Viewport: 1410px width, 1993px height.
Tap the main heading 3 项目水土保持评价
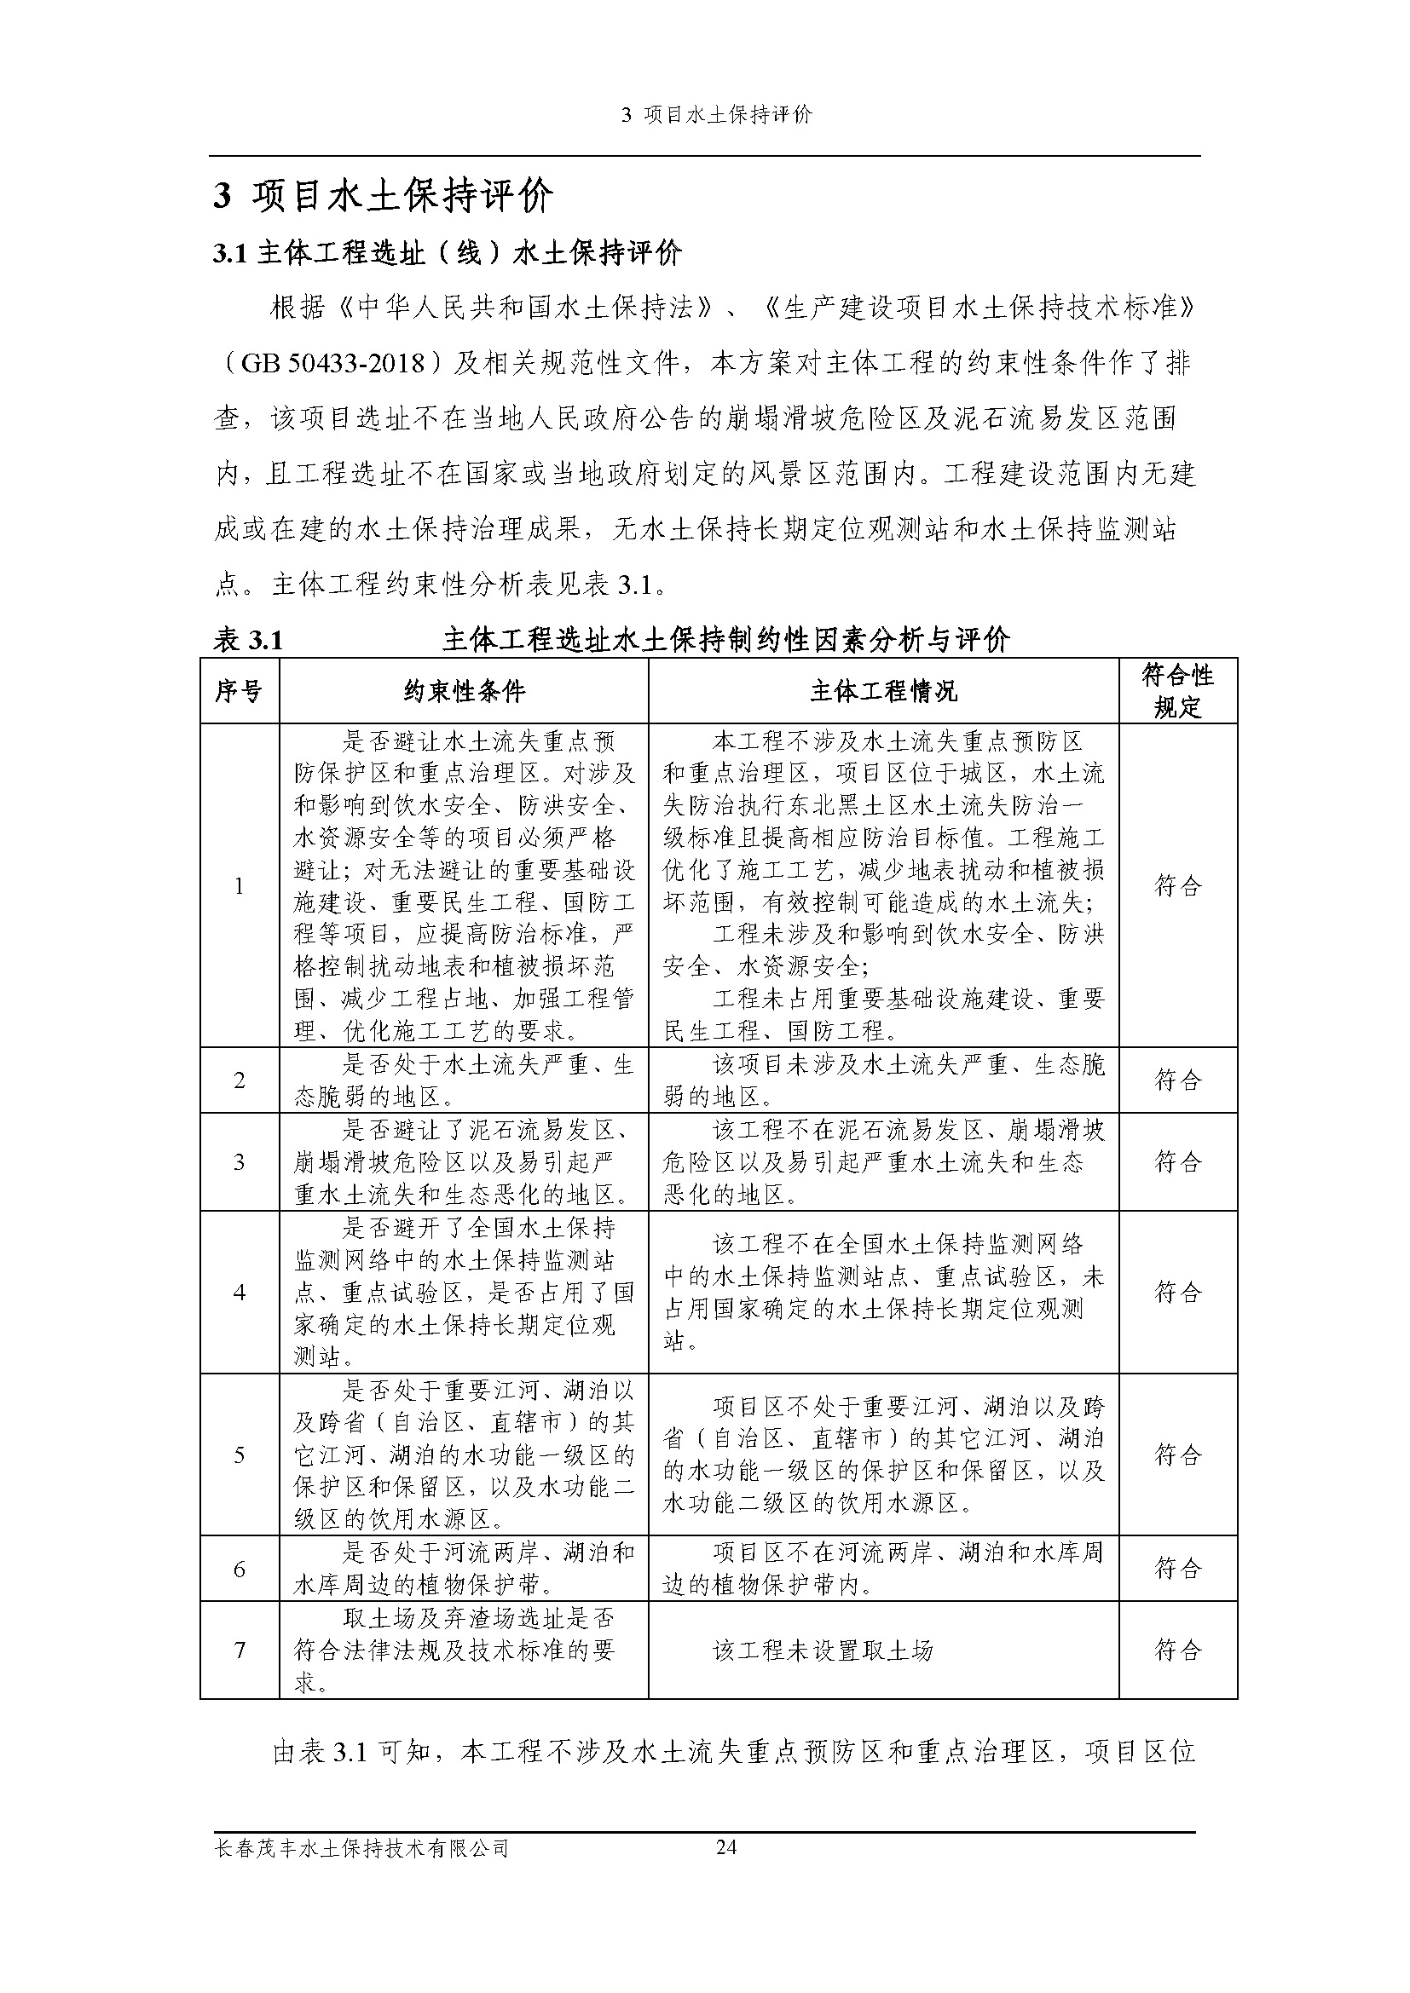point(384,197)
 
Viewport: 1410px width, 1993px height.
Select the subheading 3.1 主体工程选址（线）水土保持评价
point(448,253)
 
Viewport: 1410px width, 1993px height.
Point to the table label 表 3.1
point(248,640)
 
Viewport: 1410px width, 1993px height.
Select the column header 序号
point(239,691)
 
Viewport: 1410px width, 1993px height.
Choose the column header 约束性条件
point(464,691)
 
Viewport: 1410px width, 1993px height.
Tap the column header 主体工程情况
point(883,691)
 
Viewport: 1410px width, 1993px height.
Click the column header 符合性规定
point(1177,691)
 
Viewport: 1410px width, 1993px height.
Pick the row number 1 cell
point(239,885)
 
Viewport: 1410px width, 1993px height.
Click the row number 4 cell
point(239,1293)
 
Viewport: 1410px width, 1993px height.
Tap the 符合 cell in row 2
point(1177,1080)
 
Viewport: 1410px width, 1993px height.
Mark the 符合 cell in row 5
point(1177,1454)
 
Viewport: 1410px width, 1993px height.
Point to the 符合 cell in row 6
point(1177,1569)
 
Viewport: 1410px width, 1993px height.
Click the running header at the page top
point(717,115)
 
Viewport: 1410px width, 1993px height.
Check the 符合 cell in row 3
point(1177,1161)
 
